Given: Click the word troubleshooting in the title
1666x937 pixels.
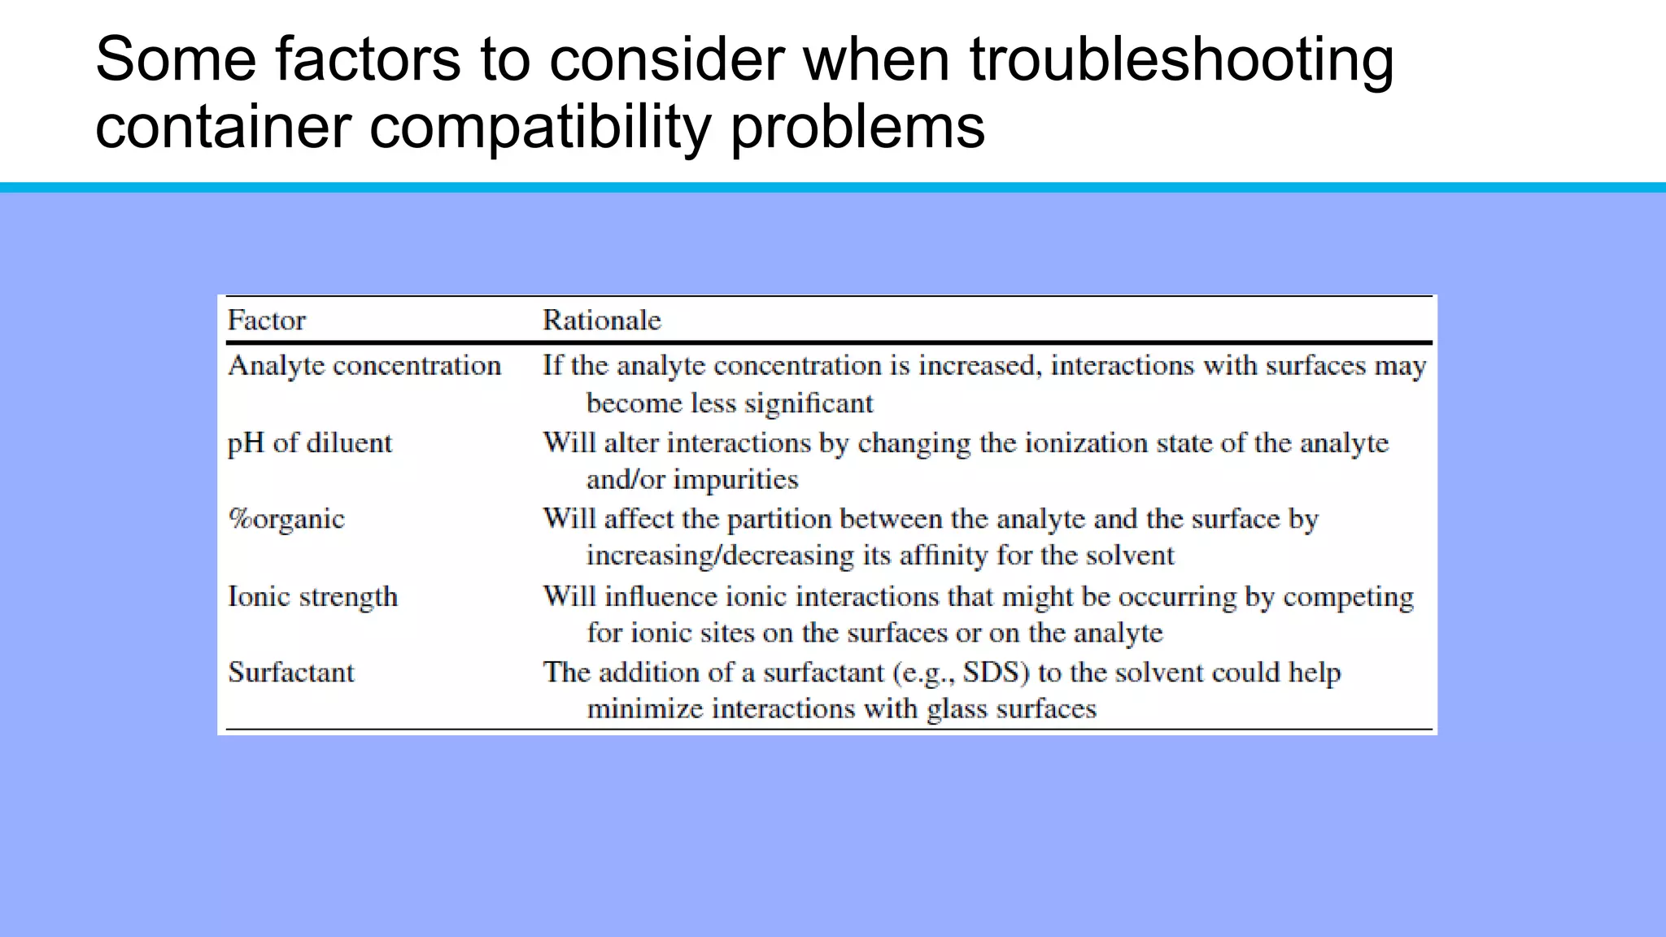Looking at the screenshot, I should (1181, 60).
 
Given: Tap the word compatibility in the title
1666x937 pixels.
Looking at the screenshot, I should (540, 128).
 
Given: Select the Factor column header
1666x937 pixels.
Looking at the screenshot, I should (266, 320).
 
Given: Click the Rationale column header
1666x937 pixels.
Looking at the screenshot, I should (601, 320).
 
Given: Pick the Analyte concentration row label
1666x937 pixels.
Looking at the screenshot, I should (364, 366).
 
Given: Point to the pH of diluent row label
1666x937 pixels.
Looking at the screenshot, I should (309, 443).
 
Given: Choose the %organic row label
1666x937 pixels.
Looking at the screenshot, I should (286, 519).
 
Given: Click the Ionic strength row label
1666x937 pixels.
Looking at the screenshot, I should (312, 596).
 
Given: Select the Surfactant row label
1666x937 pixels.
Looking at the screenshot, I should (291, 673).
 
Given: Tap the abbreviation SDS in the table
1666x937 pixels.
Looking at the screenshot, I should (997, 673).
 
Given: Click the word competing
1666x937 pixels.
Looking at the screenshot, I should (1348, 597).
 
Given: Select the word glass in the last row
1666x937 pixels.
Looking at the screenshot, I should (957, 709).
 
